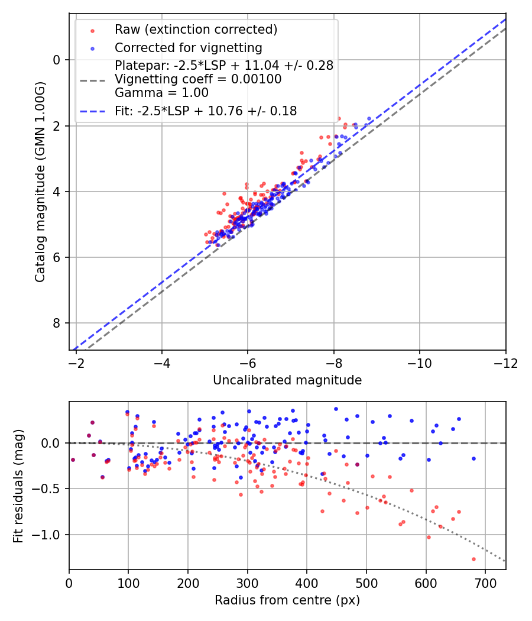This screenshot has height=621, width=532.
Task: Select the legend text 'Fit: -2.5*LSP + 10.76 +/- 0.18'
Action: click(206, 111)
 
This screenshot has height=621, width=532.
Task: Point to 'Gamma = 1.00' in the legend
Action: click(161, 92)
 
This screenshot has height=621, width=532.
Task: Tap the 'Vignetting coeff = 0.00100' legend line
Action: click(198, 79)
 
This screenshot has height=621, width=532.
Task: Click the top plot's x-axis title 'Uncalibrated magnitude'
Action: click(287, 380)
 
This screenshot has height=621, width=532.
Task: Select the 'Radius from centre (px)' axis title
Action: click(287, 600)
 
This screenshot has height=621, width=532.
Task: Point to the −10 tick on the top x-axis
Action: click(419, 363)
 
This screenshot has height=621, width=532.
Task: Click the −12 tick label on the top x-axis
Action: click(505, 363)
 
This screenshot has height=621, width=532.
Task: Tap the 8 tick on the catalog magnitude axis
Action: click(57, 323)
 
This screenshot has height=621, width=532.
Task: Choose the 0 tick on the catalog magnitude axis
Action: click(57, 60)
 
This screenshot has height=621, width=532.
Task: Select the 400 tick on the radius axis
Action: click(306, 583)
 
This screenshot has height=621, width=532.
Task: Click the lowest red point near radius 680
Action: click(473, 559)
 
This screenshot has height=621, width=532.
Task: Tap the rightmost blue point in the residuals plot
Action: click(473, 458)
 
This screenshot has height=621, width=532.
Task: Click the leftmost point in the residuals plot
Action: click(73, 460)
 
